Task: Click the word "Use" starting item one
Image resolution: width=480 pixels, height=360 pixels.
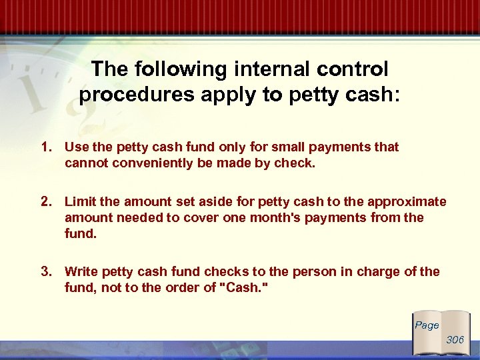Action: pyautogui.click(x=76, y=147)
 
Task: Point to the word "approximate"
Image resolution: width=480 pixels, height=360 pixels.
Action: pyautogui.click(x=410, y=202)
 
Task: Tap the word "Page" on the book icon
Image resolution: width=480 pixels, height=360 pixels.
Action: pyautogui.click(x=427, y=325)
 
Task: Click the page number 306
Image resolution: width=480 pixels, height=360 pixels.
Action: pyautogui.click(x=455, y=340)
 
